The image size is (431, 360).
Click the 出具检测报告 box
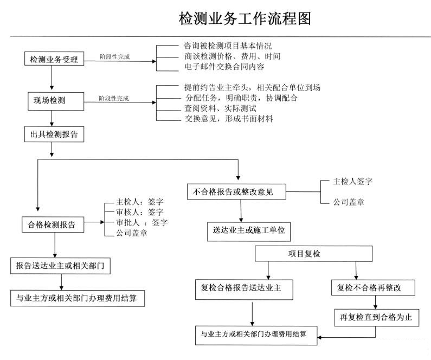click(x=54, y=134)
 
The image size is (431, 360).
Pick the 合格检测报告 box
click(x=53, y=223)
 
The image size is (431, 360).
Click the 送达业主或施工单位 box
click(x=249, y=232)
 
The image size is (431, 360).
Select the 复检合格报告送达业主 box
click(x=245, y=288)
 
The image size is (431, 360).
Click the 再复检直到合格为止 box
click(x=376, y=317)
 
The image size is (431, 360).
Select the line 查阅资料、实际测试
click(x=220, y=108)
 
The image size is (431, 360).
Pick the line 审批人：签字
click(x=141, y=222)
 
